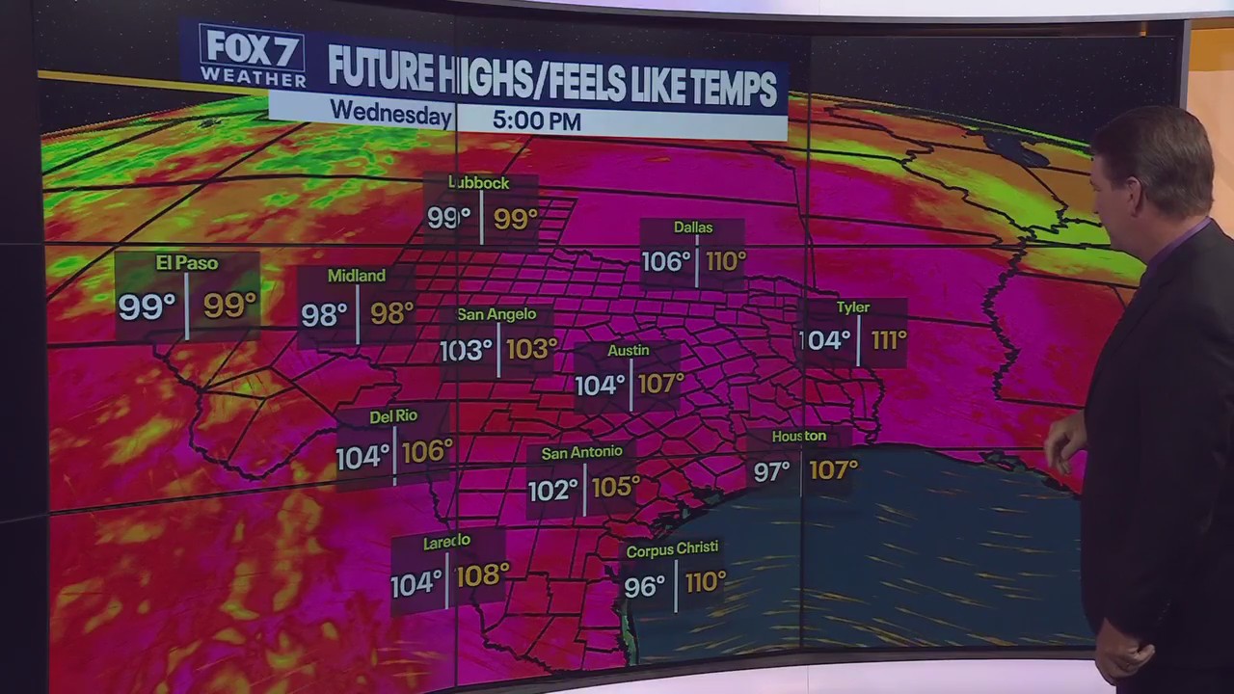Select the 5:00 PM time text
click(x=537, y=120)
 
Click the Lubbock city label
click(x=479, y=183)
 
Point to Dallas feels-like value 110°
click(x=726, y=261)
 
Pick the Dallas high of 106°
click(x=666, y=261)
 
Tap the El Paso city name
click(x=187, y=263)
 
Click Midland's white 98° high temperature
click(x=324, y=314)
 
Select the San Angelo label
click(x=496, y=314)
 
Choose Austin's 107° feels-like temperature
click(x=660, y=384)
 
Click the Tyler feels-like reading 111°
click(x=888, y=340)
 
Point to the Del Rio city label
click(x=393, y=416)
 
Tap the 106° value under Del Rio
click(x=427, y=451)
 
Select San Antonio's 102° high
click(x=552, y=490)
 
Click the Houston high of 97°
click(x=771, y=471)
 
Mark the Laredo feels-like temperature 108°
click(x=482, y=575)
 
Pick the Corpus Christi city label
click(x=672, y=548)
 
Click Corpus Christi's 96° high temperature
click(x=644, y=586)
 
